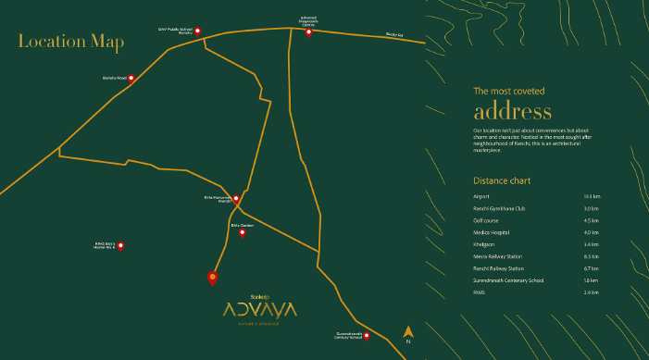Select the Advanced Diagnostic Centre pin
click(x=308, y=31)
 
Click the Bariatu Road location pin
click(x=131, y=79)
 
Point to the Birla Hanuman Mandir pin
click(x=237, y=198)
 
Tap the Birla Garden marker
click(x=243, y=232)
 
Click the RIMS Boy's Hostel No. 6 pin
click(x=120, y=246)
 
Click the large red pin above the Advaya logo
click(x=213, y=278)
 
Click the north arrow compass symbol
click(x=407, y=332)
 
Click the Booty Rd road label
click(x=394, y=36)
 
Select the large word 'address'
click(x=512, y=112)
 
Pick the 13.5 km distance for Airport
click(x=593, y=196)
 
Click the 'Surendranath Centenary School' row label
click(x=508, y=280)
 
